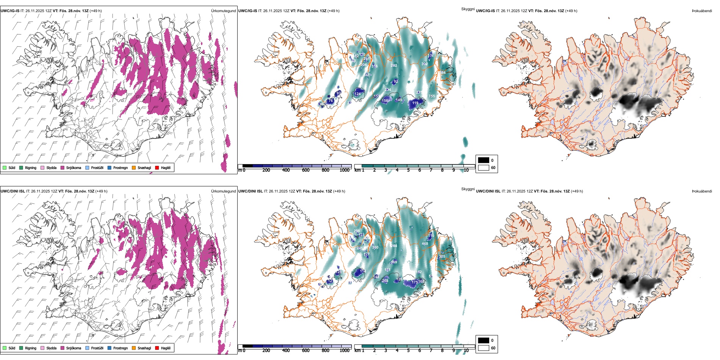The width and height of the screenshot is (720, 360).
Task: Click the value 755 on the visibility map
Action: click(x=432, y=96)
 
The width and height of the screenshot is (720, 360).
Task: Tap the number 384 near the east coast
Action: click(x=443, y=73)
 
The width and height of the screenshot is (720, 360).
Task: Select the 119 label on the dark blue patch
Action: click(x=415, y=103)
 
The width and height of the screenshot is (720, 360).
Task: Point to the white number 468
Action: click(x=425, y=244)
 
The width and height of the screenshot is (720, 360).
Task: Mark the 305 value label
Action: click(x=442, y=257)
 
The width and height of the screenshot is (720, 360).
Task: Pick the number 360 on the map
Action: click(x=375, y=247)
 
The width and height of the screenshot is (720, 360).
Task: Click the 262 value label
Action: click(x=394, y=66)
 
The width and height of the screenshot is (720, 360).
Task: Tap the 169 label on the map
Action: click(x=394, y=262)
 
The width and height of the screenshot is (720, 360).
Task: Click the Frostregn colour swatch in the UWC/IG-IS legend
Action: click(x=110, y=168)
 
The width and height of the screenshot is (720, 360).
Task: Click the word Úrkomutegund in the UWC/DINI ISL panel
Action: click(x=223, y=191)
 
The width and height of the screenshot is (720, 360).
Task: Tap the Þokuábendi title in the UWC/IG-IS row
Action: click(x=702, y=11)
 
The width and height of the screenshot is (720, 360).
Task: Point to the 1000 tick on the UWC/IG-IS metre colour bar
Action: click(x=344, y=170)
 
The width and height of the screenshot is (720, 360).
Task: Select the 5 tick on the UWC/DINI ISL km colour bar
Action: click(x=408, y=351)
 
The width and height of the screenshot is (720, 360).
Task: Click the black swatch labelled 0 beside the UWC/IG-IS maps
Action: click(x=484, y=160)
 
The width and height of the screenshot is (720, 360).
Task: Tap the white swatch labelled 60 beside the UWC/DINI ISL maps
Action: click(x=484, y=348)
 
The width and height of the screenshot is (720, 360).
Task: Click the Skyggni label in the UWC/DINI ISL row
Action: click(x=468, y=189)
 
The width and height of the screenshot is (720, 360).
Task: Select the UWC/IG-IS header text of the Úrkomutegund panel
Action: click(x=10, y=11)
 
